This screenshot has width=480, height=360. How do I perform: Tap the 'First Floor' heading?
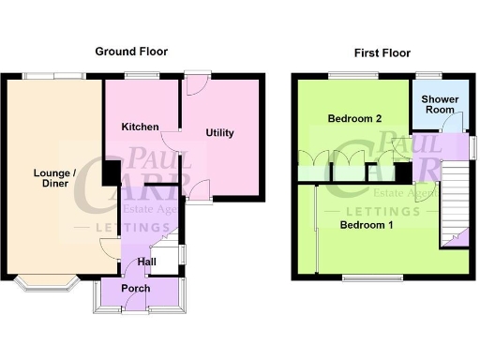point(382,53)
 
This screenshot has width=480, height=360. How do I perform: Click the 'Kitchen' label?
point(140,127)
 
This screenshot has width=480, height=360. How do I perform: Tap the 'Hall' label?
point(146,262)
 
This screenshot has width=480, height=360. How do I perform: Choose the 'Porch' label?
point(140,289)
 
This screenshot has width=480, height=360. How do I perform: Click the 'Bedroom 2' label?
point(352,119)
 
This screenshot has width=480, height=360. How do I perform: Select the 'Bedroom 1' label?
point(367,226)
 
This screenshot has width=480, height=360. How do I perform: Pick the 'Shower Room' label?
point(438,104)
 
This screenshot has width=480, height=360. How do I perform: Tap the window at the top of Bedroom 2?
point(352,75)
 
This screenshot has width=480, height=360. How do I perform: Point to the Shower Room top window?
point(429,75)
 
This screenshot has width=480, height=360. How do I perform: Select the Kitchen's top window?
point(140,75)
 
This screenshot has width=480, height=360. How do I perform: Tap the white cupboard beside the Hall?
point(165,260)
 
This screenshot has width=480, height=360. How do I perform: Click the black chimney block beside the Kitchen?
point(111,174)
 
